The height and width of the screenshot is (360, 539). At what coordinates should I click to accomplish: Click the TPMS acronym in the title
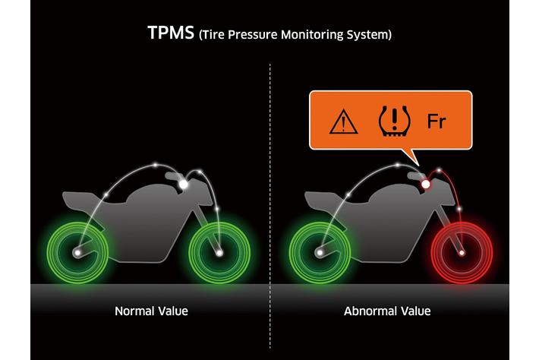(171, 33)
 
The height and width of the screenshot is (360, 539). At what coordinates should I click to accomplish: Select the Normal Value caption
(151, 311)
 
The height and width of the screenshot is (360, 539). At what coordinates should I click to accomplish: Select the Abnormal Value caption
(387, 311)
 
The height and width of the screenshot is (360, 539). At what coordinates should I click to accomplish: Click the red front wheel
(462, 253)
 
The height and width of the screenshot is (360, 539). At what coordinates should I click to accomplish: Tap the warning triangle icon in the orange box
(343, 121)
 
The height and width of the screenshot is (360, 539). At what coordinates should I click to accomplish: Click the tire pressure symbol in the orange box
(394, 121)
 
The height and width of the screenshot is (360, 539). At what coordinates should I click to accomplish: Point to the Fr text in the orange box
(437, 121)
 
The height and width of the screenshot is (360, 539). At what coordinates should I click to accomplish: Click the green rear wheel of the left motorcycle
(77, 253)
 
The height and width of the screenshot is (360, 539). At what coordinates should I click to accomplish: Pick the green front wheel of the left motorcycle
(219, 253)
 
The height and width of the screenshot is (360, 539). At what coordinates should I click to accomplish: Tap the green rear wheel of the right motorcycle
(320, 253)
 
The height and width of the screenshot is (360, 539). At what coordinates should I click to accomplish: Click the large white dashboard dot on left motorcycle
(184, 185)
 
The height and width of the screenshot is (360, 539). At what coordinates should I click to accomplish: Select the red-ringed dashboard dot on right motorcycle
(426, 185)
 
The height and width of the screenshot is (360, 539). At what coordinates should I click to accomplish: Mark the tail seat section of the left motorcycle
(80, 200)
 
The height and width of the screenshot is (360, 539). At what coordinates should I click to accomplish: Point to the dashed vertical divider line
(269, 207)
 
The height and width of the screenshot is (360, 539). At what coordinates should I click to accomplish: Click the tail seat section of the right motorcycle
(323, 200)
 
